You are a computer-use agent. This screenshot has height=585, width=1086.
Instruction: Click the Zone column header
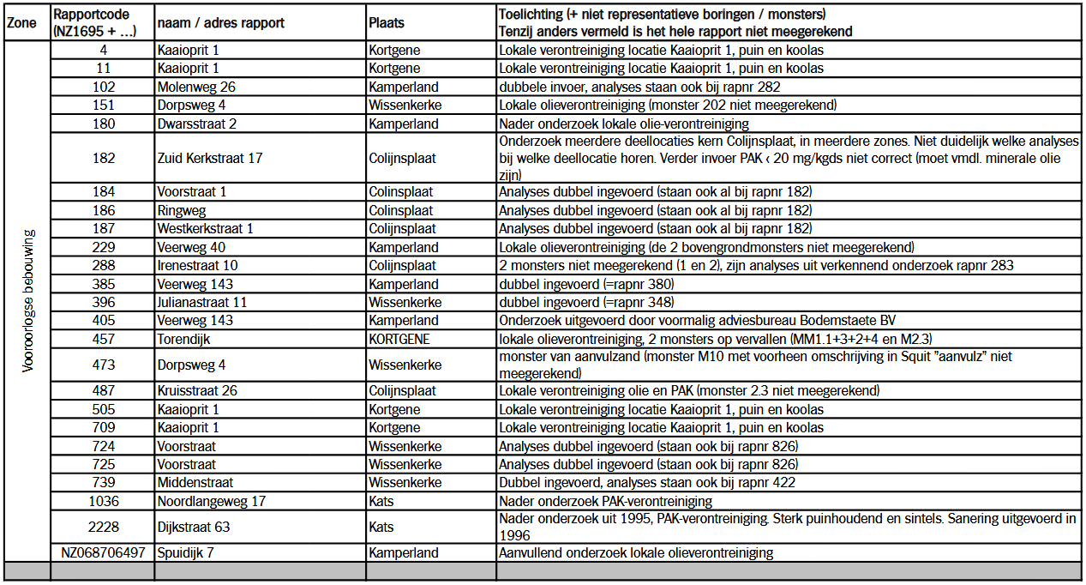click(21, 23)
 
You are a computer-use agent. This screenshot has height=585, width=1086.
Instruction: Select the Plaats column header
click(387, 23)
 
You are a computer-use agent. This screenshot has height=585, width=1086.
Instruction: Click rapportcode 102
click(103, 87)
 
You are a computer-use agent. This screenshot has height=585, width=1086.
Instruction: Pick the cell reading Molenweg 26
click(196, 87)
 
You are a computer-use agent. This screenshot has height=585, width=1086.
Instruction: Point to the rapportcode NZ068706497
click(103, 553)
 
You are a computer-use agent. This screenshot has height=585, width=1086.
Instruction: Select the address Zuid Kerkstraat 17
click(210, 158)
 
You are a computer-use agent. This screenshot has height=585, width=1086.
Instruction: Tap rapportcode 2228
click(103, 527)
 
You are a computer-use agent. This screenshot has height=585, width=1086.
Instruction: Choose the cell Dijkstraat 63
click(194, 527)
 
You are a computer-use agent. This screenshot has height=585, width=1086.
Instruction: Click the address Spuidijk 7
click(185, 553)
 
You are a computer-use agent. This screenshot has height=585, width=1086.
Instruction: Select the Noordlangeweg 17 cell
click(212, 501)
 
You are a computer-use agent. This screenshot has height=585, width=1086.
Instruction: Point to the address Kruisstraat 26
click(198, 391)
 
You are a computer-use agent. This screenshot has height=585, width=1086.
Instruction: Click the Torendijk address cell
click(183, 339)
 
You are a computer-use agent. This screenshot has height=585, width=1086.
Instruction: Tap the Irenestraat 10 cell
click(198, 265)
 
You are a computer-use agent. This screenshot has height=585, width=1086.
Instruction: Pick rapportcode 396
click(103, 302)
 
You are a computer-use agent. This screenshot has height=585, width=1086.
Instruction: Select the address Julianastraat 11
click(202, 302)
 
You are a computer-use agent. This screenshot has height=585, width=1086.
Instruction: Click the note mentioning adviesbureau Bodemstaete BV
click(697, 320)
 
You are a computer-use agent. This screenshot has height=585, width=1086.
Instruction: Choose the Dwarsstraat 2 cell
click(197, 124)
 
